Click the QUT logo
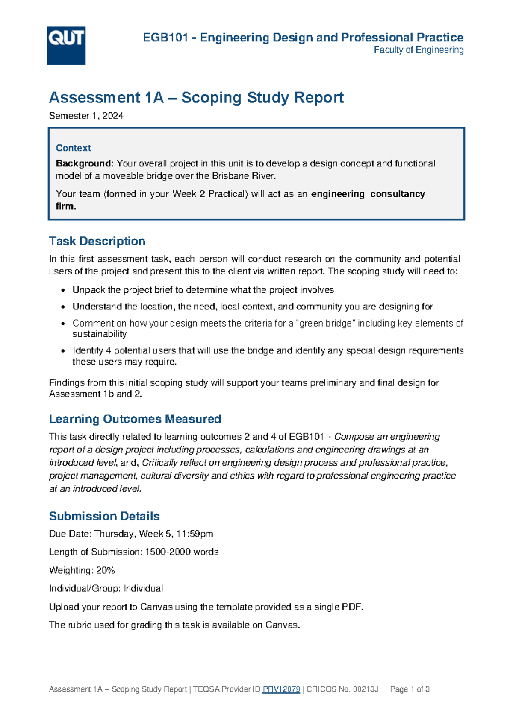tap(66, 46)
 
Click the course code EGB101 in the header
tap(165, 38)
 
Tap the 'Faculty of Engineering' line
tap(419, 50)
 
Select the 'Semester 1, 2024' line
tap(86, 116)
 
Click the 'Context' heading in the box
tap(74, 148)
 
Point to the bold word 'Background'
tap(83, 163)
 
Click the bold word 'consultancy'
tap(398, 194)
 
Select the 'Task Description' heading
tap(97, 241)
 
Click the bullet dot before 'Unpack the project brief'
tap(63, 291)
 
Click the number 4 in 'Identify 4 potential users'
tap(108, 350)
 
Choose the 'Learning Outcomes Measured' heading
tap(135, 419)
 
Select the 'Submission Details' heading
tap(104, 516)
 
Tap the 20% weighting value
tap(106, 570)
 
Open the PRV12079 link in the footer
tap(281, 689)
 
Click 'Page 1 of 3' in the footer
tap(410, 689)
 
